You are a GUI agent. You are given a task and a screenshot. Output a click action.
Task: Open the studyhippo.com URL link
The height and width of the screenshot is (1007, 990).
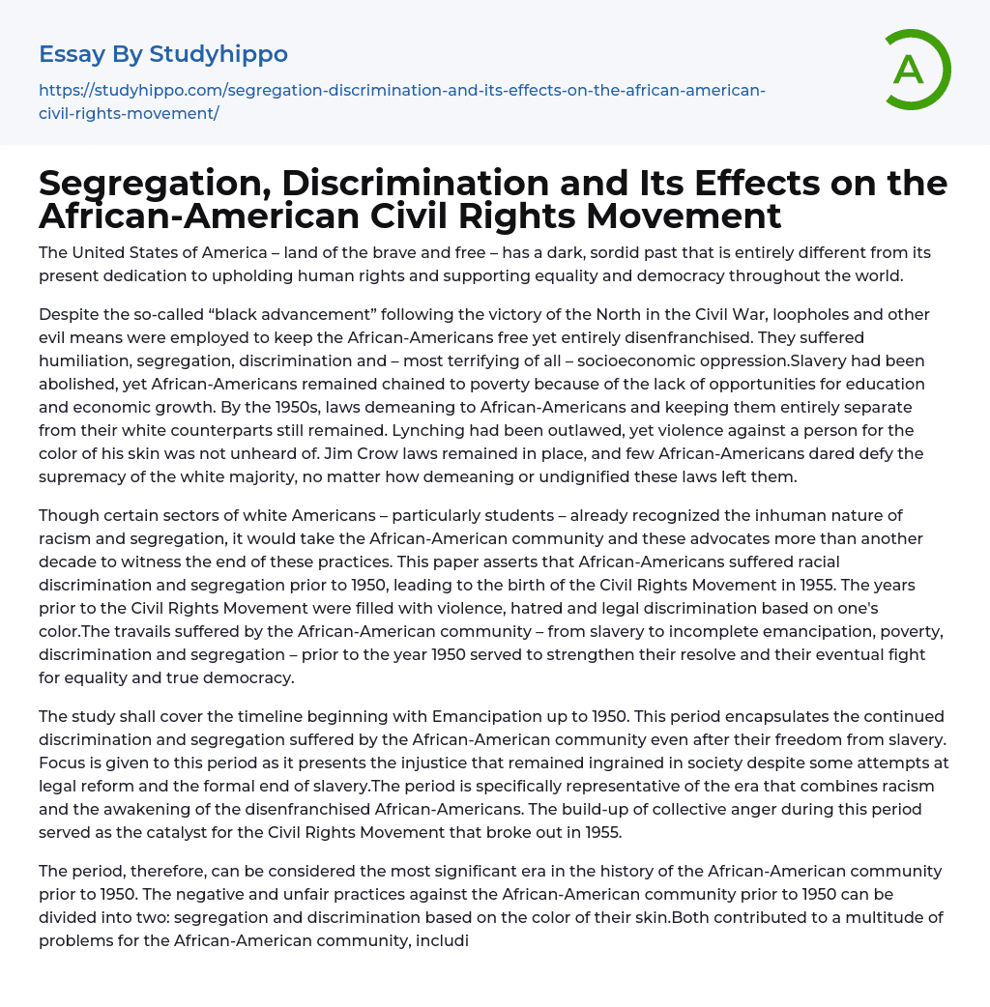(401, 101)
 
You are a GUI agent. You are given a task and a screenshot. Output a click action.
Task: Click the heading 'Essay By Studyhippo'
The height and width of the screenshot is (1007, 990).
(163, 54)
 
